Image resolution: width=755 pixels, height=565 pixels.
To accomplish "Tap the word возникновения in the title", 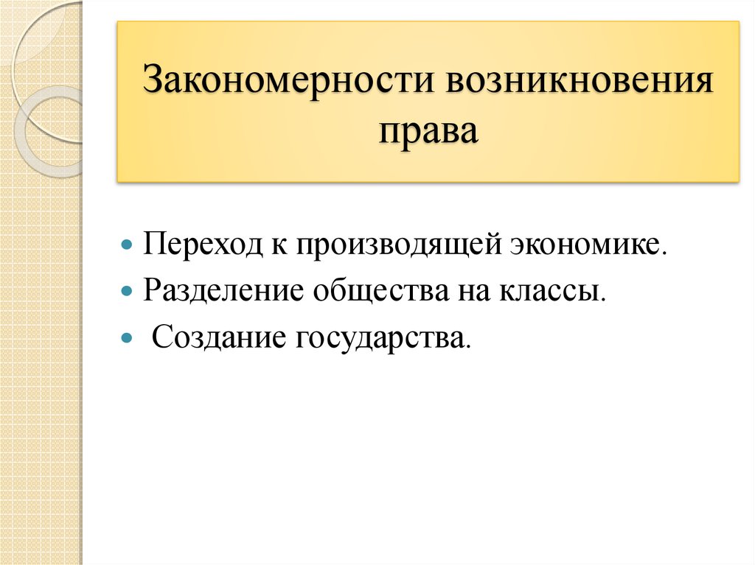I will pos(578,82).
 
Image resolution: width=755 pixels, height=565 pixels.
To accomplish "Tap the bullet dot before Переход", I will pos(127,245).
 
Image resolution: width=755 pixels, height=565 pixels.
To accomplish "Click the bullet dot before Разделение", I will pos(127,290).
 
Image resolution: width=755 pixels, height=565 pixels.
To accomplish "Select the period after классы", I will pos(608,298).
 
